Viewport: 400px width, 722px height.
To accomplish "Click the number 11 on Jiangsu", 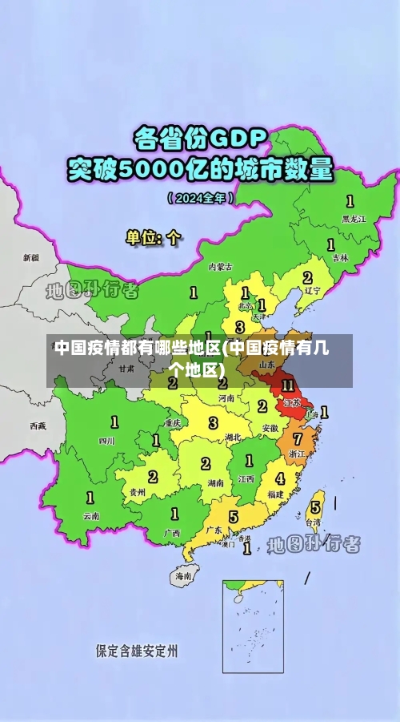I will click(x=287, y=386).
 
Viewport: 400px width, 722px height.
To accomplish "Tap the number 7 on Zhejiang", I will click(x=298, y=438).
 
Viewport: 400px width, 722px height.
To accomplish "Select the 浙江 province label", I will click(x=297, y=454).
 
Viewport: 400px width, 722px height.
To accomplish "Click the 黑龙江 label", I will click(x=354, y=218).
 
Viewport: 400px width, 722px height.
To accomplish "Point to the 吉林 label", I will click(x=340, y=258).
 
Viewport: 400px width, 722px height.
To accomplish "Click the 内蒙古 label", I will click(x=220, y=267).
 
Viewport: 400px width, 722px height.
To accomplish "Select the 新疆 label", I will click(x=30, y=258).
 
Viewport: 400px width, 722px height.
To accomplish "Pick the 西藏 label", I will click(x=38, y=426).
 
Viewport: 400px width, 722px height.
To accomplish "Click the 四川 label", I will click(x=106, y=441).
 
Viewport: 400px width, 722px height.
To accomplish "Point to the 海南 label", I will click(x=183, y=575).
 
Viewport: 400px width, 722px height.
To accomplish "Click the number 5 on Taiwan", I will click(x=315, y=507).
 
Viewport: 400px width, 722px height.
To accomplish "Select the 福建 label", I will click(x=275, y=494).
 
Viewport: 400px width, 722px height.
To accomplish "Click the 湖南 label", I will click(x=215, y=484).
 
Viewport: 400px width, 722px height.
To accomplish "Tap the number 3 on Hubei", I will click(x=213, y=422).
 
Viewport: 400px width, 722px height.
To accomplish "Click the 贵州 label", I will click(x=138, y=492).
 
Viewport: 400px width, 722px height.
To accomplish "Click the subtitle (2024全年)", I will click(x=201, y=196).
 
